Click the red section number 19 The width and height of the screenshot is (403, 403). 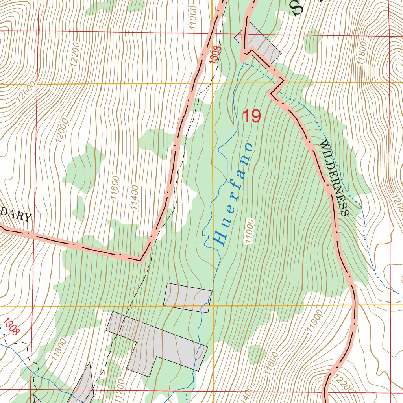coord(251,116)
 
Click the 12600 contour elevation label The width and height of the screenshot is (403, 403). coord(27,92)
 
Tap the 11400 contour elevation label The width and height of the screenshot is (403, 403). coord(134,197)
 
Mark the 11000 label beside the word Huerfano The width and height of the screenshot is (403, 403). coord(249,231)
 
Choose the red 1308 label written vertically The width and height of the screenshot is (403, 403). coord(215,55)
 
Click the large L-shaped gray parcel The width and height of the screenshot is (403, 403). coord(157,342)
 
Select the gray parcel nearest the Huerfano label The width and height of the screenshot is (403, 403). coord(188,298)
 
